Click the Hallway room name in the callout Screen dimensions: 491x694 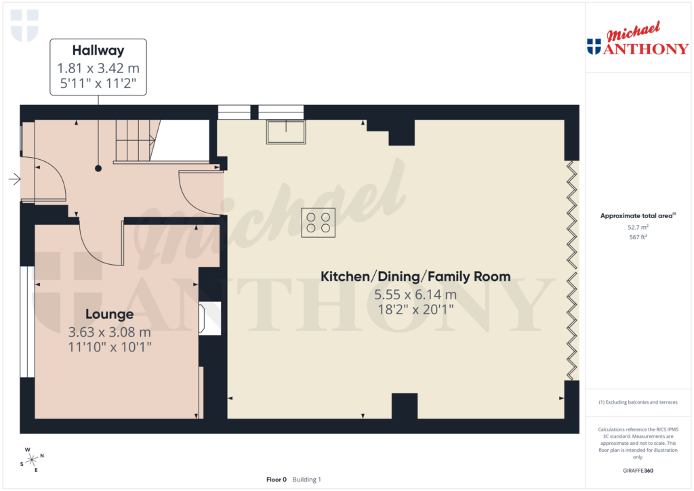98,49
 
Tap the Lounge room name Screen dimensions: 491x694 109,314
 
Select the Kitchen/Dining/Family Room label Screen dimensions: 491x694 415,276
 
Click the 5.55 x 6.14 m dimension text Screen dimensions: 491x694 415,295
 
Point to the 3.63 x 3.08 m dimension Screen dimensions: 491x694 109,333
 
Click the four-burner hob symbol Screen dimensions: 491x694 319,222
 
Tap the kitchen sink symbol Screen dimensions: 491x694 286,131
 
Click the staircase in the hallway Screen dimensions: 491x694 136,141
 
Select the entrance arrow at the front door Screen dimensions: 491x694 14,179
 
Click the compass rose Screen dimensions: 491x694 30,459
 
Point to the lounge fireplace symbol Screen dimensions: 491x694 209,318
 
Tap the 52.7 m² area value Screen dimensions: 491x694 638,227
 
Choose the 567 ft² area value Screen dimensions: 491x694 638,237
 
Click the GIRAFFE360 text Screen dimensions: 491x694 638,471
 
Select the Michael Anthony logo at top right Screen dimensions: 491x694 637,41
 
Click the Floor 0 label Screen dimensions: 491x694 277,479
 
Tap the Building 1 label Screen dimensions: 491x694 306,479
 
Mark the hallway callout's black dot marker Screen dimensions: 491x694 98,168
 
